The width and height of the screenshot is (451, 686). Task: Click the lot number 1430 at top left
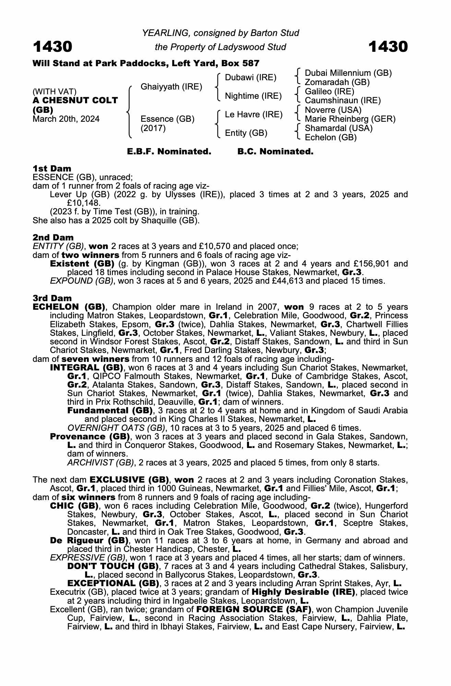click(52, 47)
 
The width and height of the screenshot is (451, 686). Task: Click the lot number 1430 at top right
click(388, 47)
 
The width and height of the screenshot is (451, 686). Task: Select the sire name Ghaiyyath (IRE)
click(171, 87)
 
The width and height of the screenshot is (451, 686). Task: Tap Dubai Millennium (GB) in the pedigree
click(348, 73)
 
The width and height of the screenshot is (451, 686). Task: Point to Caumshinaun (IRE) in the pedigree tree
click(343, 100)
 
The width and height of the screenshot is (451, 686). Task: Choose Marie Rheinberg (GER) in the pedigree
click(350, 119)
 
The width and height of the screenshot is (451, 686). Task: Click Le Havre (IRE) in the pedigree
click(253, 115)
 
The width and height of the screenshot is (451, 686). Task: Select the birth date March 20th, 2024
click(66, 119)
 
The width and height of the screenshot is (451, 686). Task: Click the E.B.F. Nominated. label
click(169, 152)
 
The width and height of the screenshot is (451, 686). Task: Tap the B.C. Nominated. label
click(275, 152)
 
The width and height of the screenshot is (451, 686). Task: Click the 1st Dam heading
click(52, 168)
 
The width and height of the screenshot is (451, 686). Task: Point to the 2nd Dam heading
click(53, 237)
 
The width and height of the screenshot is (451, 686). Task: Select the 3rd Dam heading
click(52, 298)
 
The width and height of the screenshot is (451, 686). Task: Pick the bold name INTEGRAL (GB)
click(86, 368)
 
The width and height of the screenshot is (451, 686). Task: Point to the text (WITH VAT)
click(54, 92)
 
